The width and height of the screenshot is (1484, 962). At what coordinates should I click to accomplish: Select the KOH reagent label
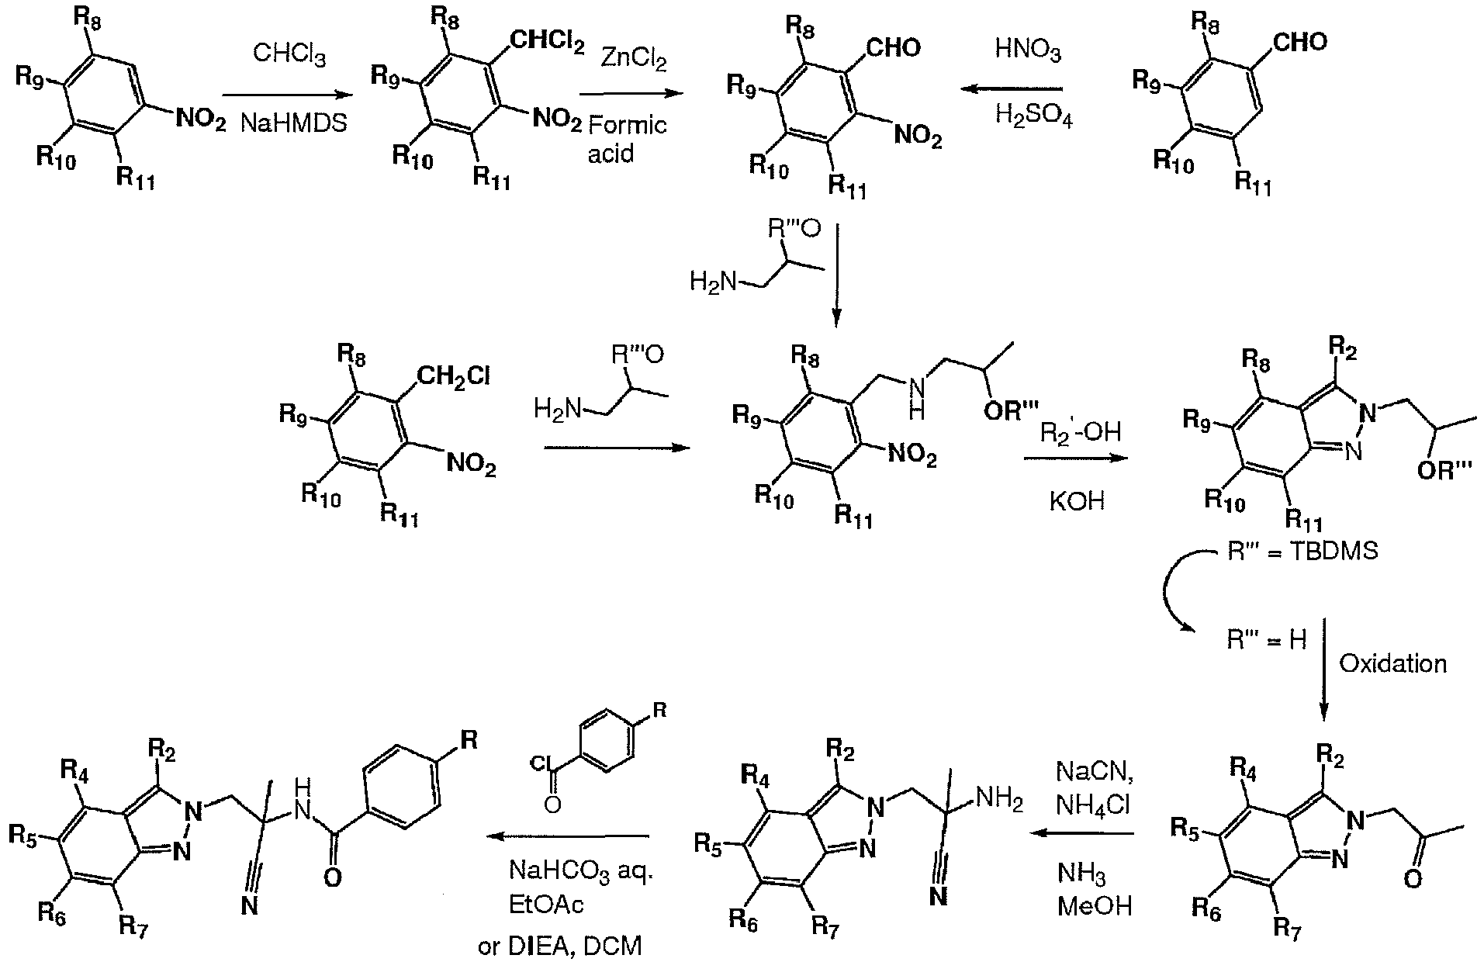1076,500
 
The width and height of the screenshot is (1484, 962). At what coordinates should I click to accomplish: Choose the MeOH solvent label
1094,905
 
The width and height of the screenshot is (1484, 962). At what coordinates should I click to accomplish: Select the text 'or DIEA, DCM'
560,946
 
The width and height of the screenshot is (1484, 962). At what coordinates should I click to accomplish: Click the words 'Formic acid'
627,138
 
